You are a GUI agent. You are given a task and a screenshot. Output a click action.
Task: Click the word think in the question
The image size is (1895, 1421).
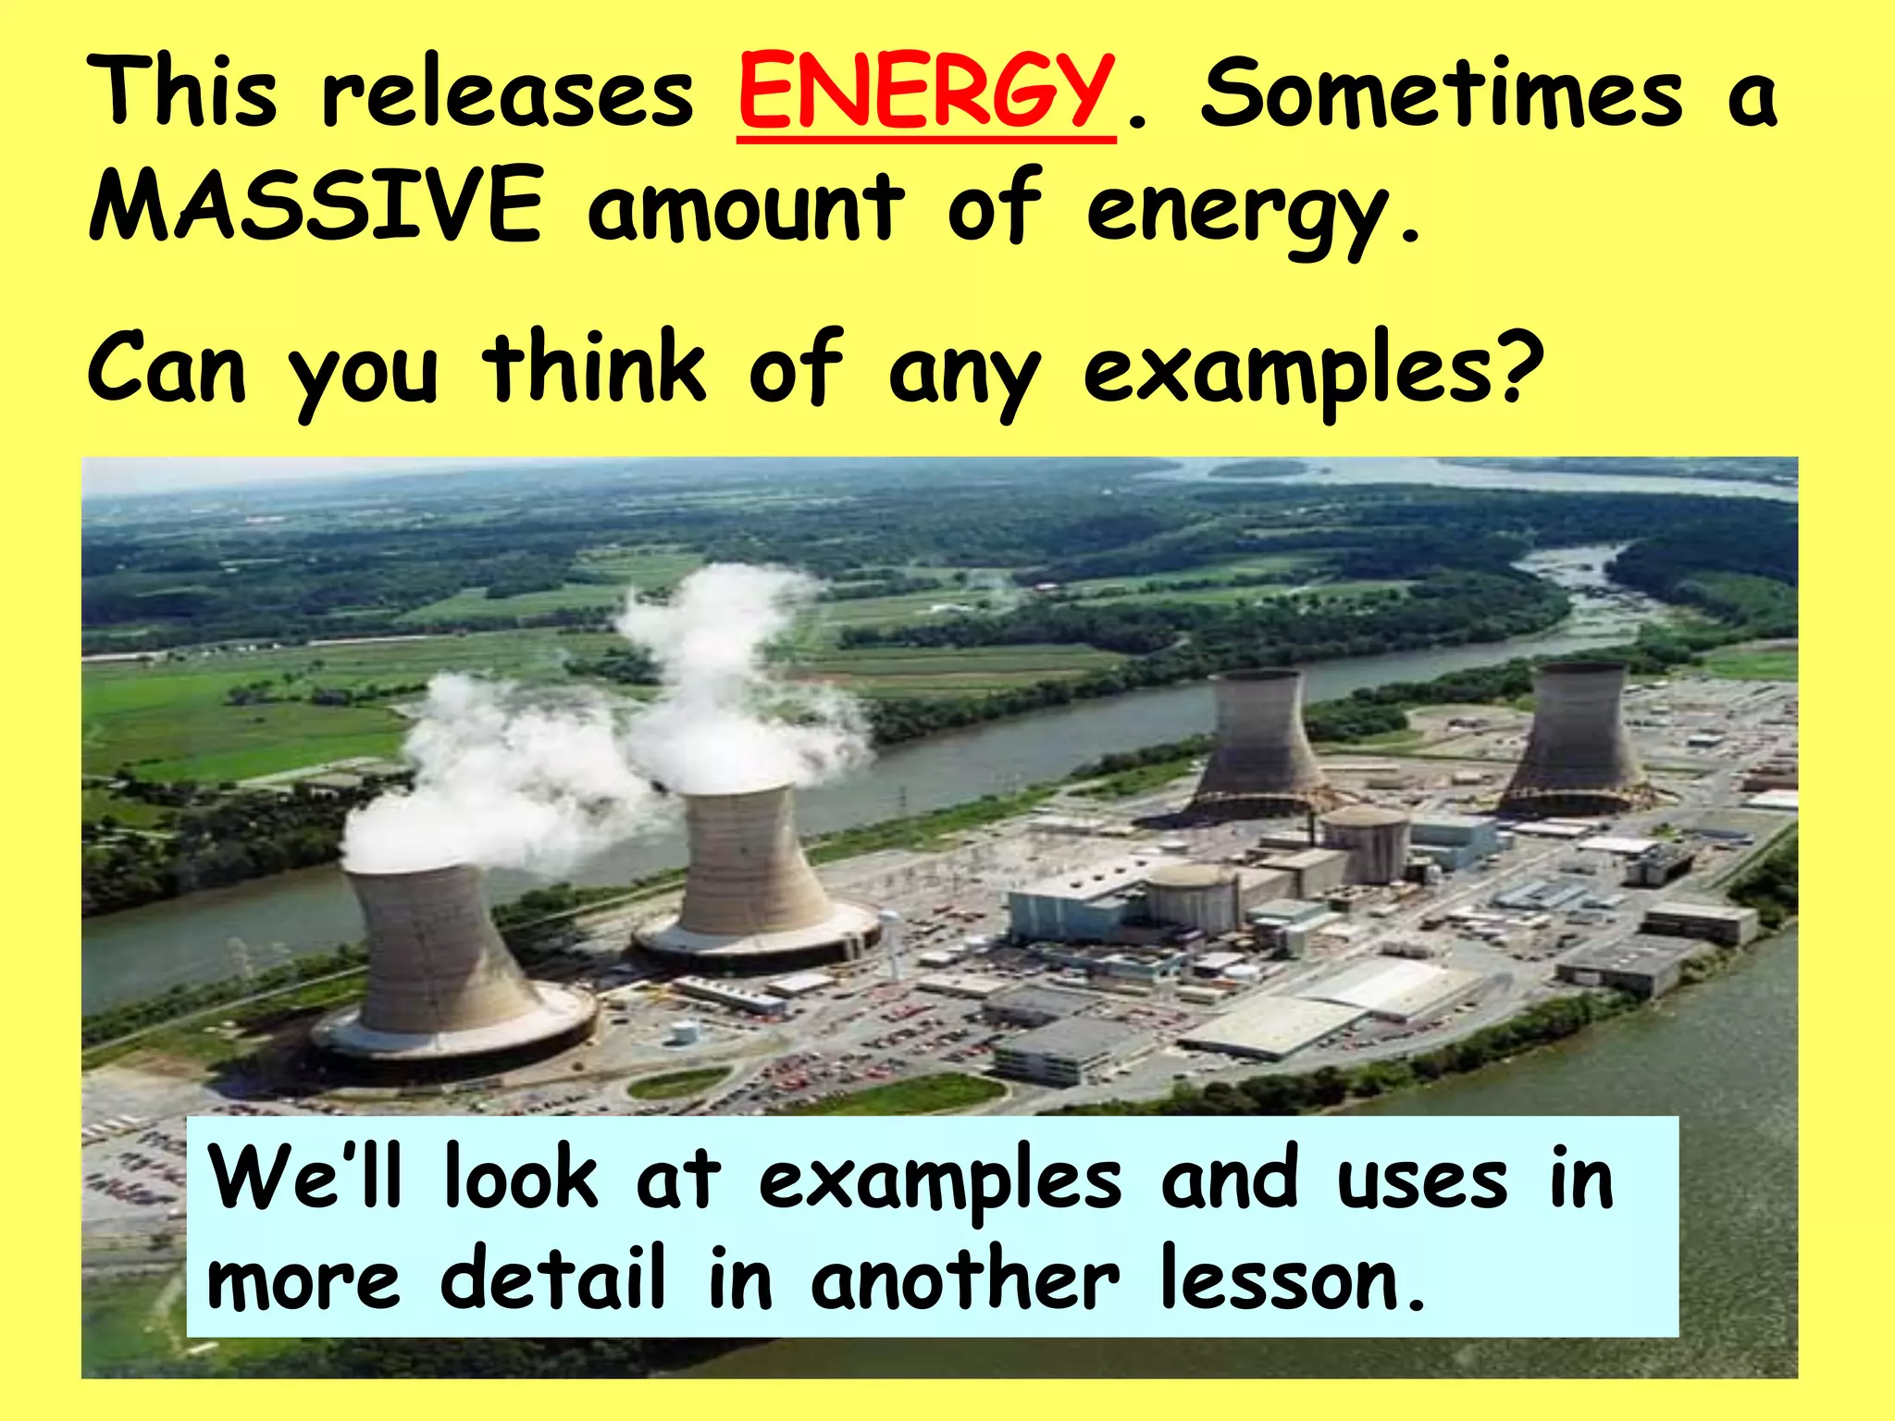click(596, 368)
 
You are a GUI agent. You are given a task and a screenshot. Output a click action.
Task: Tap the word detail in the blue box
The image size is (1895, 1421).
click(552, 1279)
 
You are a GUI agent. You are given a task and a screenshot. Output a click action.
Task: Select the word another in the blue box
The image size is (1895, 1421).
click(965, 1279)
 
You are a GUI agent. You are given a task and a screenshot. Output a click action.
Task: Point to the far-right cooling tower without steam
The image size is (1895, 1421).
click(1573, 740)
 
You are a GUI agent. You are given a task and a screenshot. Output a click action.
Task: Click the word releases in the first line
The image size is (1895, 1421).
click(507, 93)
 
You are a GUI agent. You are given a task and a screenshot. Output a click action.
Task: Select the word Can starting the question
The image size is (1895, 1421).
click(167, 368)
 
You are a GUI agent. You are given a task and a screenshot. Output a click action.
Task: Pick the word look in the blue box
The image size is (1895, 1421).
click(520, 1177)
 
